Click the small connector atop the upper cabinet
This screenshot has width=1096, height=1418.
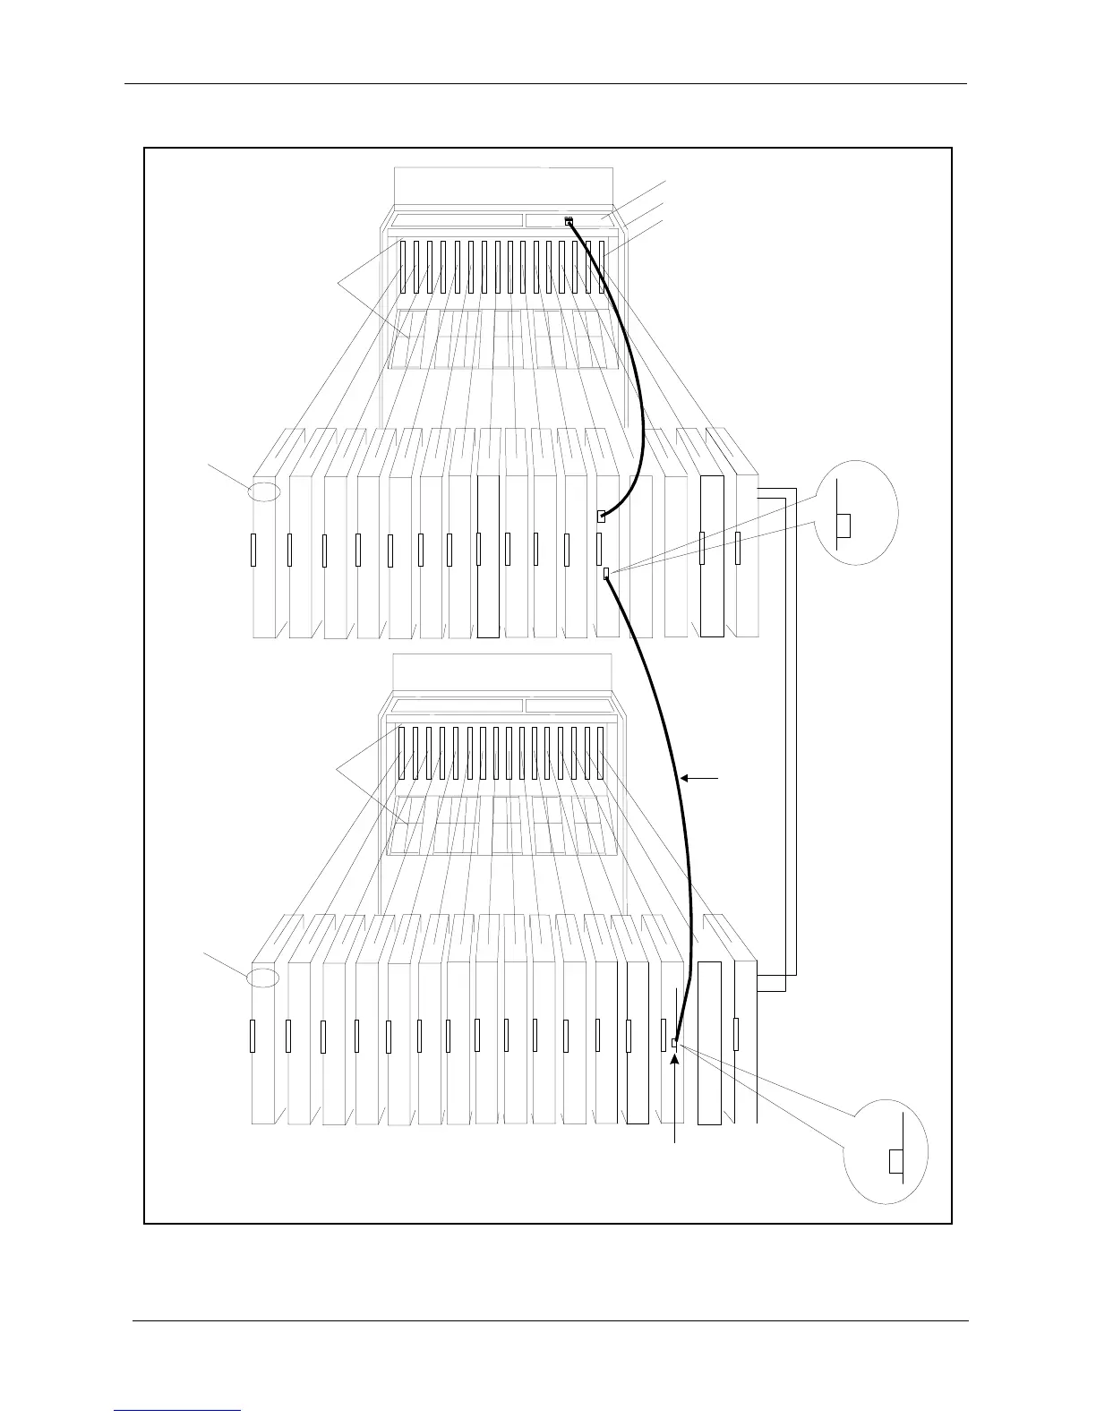click(x=569, y=221)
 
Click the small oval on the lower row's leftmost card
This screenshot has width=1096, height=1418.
click(x=264, y=978)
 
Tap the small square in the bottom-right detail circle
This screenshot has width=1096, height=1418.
click(x=895, y=1161)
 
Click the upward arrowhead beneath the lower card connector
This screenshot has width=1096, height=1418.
click(x=675, y=1060)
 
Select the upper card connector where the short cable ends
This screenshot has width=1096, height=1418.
click(x=602, y=516)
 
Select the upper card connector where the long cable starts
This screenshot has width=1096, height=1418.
click(x=606, y=573)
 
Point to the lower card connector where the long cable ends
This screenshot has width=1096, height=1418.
click(x=675, y=1042)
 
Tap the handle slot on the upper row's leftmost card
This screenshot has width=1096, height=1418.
click(x=254, y=550)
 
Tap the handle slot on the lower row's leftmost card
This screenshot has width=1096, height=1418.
click(x=253, y=1036)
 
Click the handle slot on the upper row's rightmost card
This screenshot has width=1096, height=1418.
click(x=738, y=548)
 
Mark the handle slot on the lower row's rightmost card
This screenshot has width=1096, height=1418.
click(x=736, y=1034)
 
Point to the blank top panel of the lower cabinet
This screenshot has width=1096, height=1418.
click(x=502, y=672)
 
